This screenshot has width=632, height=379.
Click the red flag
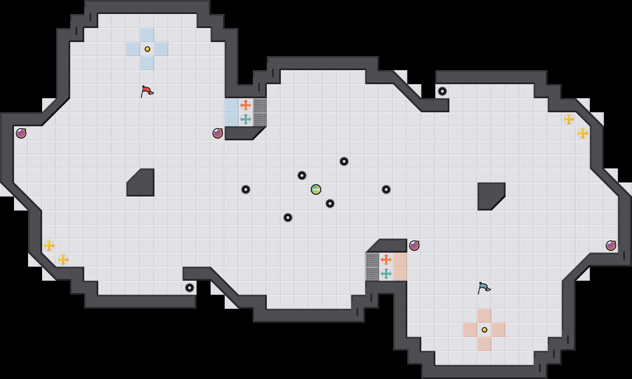pos(147,91)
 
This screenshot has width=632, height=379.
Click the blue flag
pos(484,288)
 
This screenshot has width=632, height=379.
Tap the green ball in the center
pos(316,189)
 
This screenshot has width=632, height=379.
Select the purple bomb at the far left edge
pos(21,133)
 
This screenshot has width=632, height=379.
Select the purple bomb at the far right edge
pos(611,246)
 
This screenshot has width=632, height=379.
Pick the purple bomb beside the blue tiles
pos(218,133)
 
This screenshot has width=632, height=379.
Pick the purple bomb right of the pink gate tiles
pos(414,246)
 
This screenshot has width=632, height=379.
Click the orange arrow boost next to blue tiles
pos(246,105)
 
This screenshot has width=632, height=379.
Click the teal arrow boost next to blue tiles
pos(246,119)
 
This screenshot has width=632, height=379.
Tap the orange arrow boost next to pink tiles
pos(386,260)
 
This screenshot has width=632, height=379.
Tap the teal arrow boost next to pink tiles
pos(386,274)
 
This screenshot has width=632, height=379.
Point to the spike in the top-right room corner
pos(442,91)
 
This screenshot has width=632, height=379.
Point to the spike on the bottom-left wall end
pos(190,288)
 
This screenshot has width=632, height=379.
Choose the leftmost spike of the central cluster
pos(246,189)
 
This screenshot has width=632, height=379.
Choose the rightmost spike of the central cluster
pos(386,189)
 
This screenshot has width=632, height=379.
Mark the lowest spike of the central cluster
pos(288,218)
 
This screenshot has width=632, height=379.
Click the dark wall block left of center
pos(142,184)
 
